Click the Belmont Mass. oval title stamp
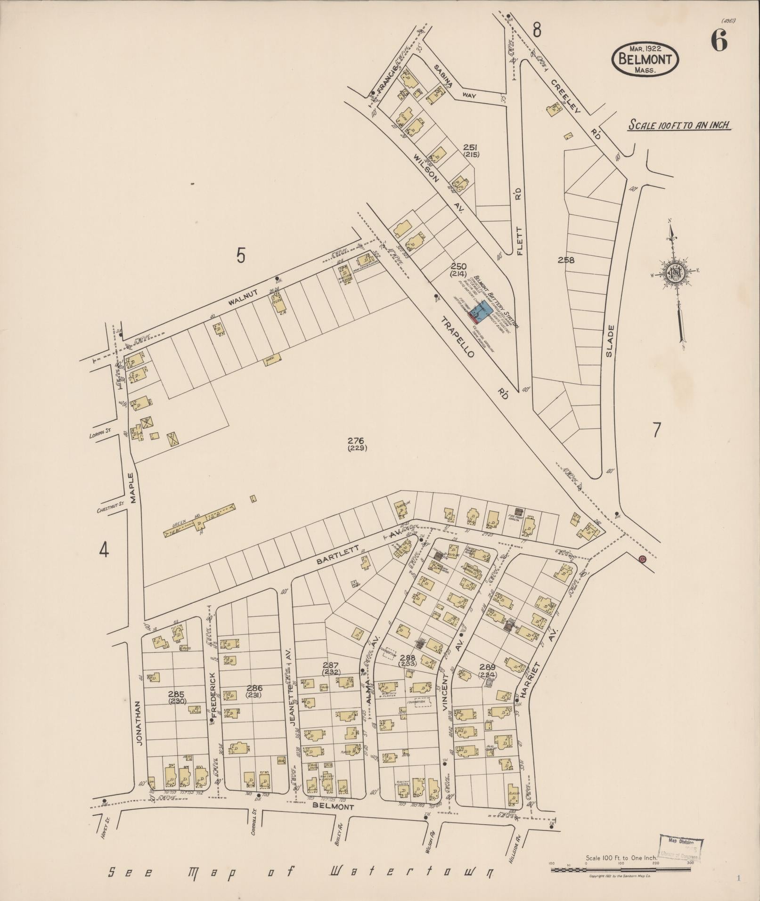(x=645, y=59)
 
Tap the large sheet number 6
(x=719, y=41)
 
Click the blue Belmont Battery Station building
(x=482, y=311)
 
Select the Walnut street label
(x=243, y=294)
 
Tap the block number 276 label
(x=357, y=444)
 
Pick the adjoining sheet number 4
(x=104, y=549)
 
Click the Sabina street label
(x=442, y=77)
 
